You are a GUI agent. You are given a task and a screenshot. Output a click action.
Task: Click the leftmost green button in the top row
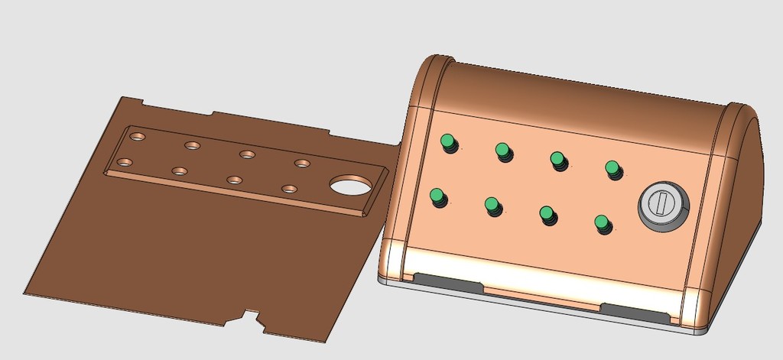click(x=447, y=141)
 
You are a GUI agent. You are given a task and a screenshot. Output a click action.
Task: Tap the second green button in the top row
click(x=502, y=150)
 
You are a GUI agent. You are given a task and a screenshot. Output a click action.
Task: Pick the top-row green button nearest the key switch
click(x=612, y=167)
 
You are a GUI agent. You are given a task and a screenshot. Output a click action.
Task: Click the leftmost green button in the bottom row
click(x=437, y=197)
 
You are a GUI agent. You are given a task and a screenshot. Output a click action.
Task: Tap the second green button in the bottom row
click(x=492, y=205)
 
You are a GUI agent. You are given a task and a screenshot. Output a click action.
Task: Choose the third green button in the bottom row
click(x=547, y=214)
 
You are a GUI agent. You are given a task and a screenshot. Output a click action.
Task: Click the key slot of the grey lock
click(x=662, y=204)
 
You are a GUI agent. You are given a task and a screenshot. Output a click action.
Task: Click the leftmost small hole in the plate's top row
click(x=138, y=136)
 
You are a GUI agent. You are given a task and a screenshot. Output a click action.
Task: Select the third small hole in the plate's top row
click(x=247, y=154)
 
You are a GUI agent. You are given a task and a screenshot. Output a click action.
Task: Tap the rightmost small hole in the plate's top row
click(x=303, y=163)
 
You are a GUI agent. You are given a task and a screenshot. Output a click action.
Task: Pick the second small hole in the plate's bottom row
click(x=180, y=170)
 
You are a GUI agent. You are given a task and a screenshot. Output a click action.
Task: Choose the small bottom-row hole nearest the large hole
click(x=289, y=188)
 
